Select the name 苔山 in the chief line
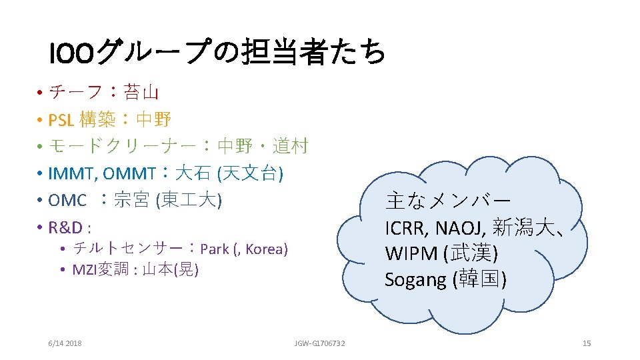point(139,91)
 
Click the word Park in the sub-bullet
point(214,249)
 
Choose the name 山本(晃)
point(171,269)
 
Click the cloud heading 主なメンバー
point(448,201)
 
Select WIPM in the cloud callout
point(408,254)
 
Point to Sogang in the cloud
point(415,280)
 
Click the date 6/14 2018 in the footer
point(65,343)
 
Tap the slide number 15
point(587,343)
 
